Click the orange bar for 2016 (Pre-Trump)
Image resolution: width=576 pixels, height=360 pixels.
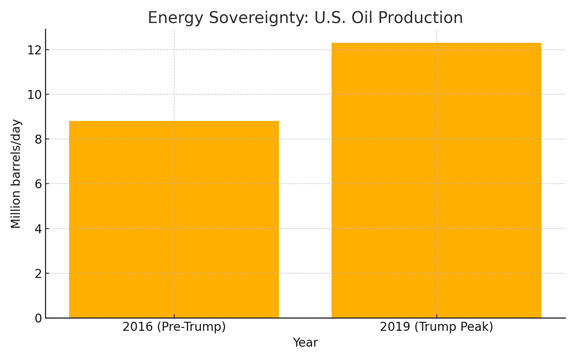(174, 219)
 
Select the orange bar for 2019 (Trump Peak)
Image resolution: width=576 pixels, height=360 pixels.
(436, 180)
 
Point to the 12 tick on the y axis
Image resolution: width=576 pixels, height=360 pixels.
(35, 50)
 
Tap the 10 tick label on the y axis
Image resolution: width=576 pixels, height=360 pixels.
(35, 94)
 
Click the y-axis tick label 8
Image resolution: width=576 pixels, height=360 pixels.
(38, 139)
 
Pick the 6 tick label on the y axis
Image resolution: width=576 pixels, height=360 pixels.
(38, 184)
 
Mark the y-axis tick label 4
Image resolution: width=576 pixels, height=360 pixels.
(38, 228)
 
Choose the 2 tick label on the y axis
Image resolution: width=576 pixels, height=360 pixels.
(38, 273)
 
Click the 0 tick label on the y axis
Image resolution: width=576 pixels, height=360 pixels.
(38, 318)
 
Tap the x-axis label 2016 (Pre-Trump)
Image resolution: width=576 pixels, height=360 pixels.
(174, 327)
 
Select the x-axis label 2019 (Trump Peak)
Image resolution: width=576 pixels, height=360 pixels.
(436, 327)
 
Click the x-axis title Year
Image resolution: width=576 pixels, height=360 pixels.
(305, 342)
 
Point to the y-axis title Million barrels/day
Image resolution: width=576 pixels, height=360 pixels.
(16, 174)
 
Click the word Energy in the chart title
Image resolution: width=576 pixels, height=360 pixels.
(175, 18)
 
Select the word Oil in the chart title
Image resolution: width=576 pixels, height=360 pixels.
(363, 17)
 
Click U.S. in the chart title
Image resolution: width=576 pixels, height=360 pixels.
(330, 17)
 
